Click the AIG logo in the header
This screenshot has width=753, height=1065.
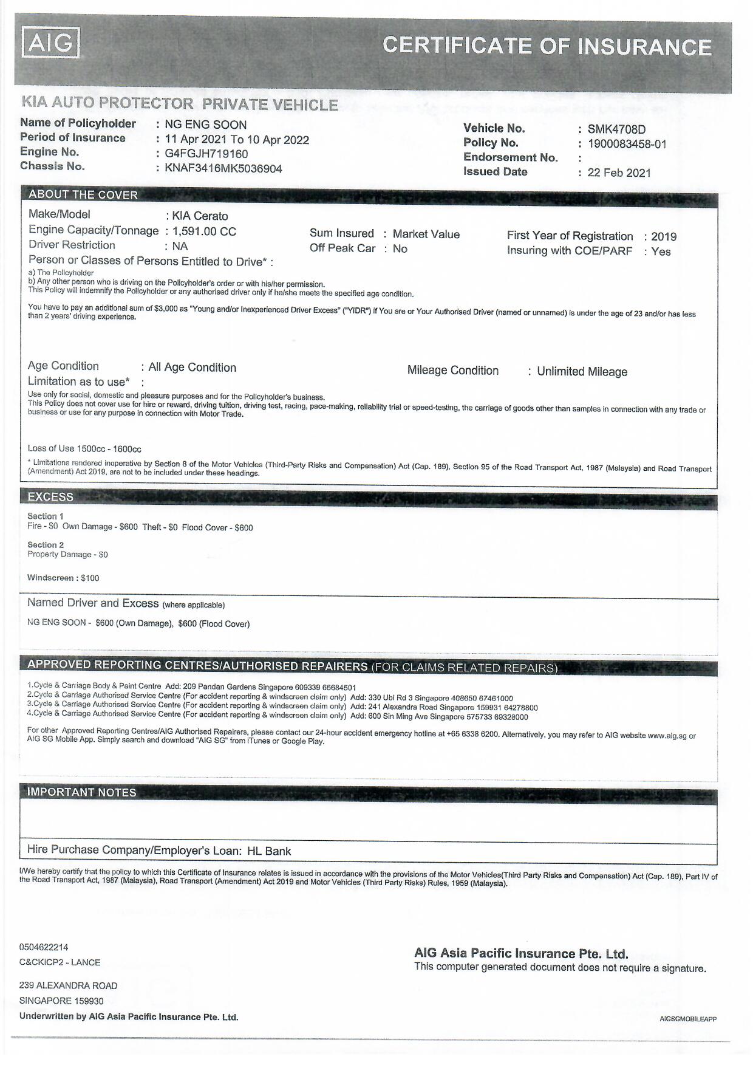[51, 43]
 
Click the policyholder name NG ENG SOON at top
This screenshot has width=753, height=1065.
[205, 125]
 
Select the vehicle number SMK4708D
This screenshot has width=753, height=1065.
[616, 129]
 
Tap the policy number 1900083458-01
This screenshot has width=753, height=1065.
[627, 144]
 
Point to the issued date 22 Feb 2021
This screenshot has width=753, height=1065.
[618, 173]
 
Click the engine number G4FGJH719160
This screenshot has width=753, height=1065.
[206, 154]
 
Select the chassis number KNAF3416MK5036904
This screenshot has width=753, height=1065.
[223, 168]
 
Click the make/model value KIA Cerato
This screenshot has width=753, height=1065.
[200, 216]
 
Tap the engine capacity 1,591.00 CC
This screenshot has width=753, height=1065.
[204, 231]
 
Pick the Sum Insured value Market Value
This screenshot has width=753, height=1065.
[426, 234]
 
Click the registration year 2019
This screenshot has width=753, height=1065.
[663, 236]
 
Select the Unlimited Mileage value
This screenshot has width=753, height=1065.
[582, 371]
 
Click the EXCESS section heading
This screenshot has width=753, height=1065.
[50, 496]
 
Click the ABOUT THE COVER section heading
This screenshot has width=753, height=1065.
[83, 194]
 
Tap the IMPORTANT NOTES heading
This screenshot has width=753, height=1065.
[81, 792]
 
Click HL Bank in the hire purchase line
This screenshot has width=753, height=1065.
[268, 851]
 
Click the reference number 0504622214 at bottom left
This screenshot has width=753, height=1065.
[44, 947]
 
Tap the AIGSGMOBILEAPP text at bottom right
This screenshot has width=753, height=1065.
[687, 1019]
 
